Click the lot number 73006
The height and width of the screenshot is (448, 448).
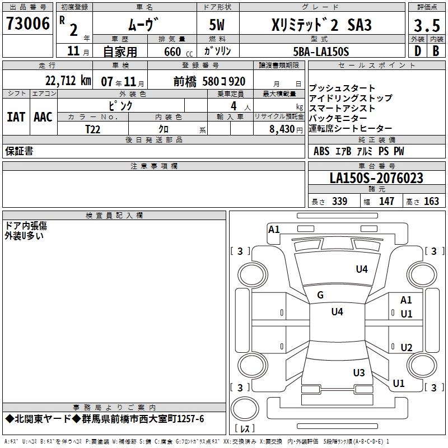(x=27, y=24)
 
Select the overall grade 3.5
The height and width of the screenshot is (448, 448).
(x=427, y=25)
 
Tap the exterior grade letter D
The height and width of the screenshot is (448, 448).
(x=418, y=51)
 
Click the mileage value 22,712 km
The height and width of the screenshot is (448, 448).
(x=68, y=81)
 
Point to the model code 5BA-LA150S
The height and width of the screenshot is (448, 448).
(x=321, y=52)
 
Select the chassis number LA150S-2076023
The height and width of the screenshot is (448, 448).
(x=376, y=178)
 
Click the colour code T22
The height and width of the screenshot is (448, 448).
(x=92, y=129)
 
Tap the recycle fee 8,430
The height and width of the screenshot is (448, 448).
(x=282, y=129)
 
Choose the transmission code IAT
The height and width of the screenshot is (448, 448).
(x=16, y=117)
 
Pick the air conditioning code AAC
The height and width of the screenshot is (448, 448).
(x=43, y=117)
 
